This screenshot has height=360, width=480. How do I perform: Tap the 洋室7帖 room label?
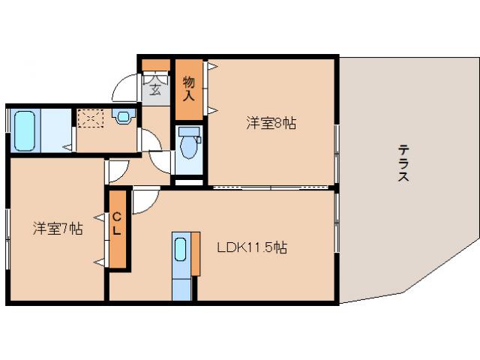(57, 229)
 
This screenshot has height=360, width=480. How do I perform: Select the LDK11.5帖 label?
(252, 247)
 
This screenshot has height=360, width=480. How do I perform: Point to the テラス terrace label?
(403, 163)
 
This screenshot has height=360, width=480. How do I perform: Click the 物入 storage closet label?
(188, 88)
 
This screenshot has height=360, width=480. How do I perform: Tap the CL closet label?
(118, 225)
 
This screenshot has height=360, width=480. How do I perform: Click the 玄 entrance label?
(155, 89)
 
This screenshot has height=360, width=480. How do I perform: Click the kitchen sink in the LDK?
(181, 253)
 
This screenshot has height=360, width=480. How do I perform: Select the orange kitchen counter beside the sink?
(195, 253)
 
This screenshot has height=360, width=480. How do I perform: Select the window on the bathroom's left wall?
(7, 130)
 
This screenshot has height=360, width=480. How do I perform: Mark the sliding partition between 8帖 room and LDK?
(270, 186)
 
